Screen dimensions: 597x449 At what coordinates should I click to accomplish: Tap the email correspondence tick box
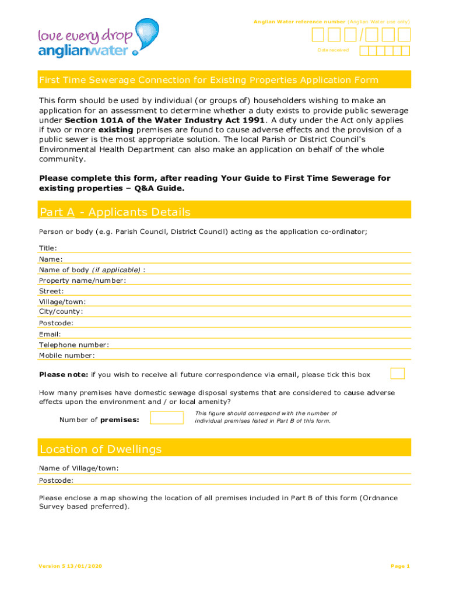[398, 374]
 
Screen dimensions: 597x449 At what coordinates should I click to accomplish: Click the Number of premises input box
[166, 417]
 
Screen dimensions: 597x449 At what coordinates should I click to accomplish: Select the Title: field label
[48, 248]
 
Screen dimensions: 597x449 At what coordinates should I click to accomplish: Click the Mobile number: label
[66, 355]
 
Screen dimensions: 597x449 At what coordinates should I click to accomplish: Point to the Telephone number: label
[73, 345]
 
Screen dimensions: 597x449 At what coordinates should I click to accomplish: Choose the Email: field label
[50, 334]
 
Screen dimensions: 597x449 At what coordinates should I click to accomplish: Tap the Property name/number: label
[82, 280]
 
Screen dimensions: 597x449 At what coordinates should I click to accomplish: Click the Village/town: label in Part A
[62, 301]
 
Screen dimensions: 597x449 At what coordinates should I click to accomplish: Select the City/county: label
[61, 311]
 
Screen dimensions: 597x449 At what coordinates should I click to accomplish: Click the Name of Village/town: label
[79, 468]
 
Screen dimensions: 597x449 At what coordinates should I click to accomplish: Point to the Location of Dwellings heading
[100, 449]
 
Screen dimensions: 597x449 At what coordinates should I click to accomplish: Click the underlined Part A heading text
[57, 212]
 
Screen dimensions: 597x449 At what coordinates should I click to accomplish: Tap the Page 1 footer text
[400, 566]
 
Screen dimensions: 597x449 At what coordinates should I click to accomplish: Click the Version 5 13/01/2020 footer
[68, 566]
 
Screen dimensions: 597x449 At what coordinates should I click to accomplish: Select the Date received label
[333, 50]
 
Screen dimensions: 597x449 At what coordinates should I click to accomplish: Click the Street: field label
[51, 291]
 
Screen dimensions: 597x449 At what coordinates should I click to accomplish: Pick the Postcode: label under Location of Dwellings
[56, 480]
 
